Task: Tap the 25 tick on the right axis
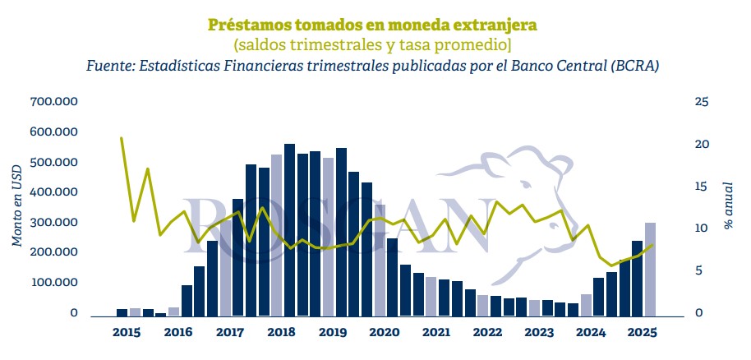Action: click(701, 101)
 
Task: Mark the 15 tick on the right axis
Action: click(701, 187)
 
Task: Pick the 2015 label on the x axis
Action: click(127, 332)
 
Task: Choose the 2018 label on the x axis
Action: click(282, 332)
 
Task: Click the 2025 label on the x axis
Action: click(642, 332)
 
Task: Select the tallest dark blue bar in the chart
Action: click(289, 230)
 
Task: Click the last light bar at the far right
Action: click(650, 270)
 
